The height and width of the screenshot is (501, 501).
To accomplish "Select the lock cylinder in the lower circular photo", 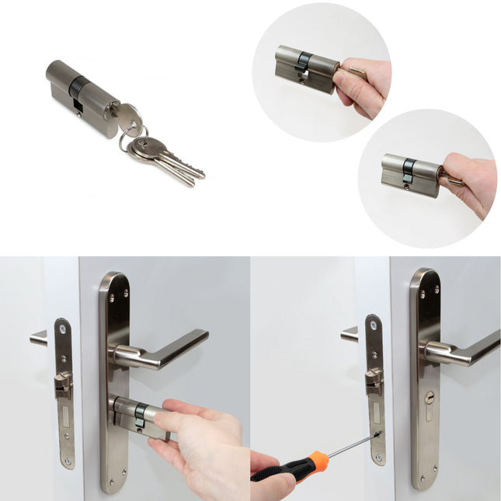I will tap(410, 176).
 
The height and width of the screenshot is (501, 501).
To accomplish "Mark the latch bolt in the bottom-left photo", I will tap(63, 383).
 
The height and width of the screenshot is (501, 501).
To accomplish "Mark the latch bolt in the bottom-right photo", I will tap(374, 381).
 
